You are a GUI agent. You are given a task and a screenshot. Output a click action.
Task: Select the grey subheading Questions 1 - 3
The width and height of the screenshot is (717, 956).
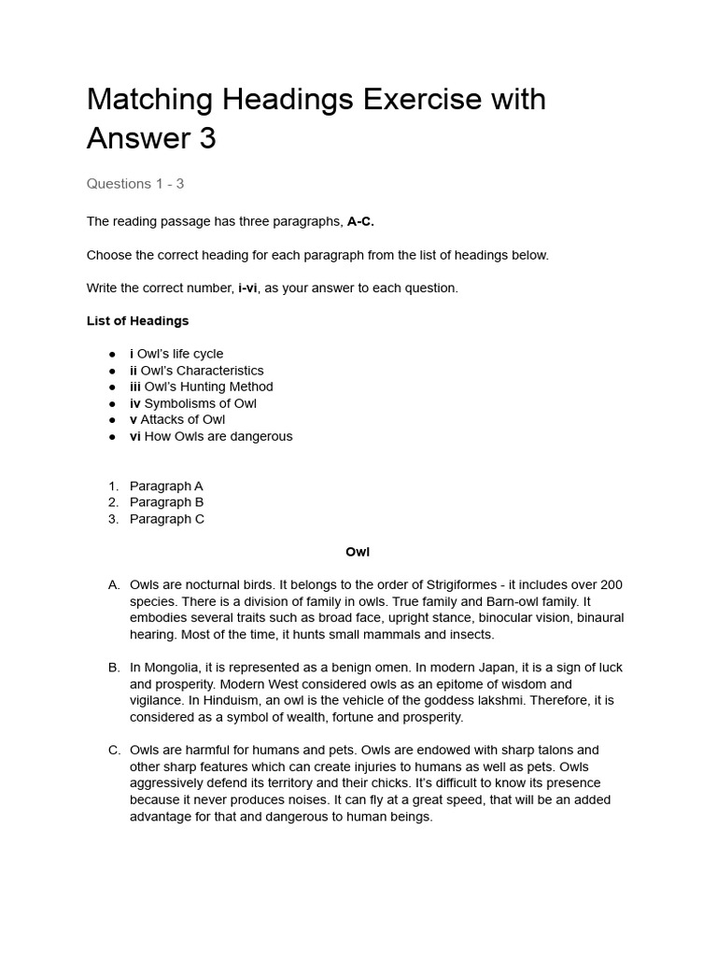[x=135, y=183]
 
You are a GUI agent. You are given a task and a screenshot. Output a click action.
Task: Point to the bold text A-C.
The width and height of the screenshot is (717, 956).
[x=360, y=221]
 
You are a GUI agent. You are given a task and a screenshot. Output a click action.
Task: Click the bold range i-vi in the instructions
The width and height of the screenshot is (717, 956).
[x=247, y=288]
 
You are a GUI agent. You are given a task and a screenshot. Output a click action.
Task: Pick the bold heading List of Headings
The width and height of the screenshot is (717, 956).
[x=137, y=320]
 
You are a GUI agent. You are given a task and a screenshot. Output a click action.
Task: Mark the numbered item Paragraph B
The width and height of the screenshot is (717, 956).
[x=166, y=502]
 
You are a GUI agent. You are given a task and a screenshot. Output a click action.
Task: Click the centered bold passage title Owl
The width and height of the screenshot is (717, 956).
[x=358, y=552]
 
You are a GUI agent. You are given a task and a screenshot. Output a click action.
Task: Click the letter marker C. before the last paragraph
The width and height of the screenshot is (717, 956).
[x=114, y=750]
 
